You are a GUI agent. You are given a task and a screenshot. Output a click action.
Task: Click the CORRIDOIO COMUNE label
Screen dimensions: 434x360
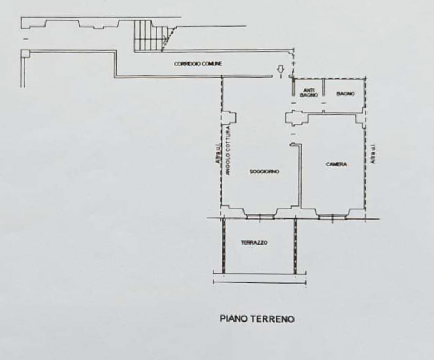click(x=198, y=63)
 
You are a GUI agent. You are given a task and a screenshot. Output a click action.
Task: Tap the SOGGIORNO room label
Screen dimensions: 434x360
click(x=264, y=171)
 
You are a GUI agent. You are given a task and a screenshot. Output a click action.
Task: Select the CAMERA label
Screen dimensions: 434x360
click(x=336, y=164)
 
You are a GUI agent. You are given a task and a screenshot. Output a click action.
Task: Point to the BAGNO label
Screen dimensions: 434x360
click(x=346, y=94)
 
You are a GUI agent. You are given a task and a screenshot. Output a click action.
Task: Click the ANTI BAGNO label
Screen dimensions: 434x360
click(x=309, y=93)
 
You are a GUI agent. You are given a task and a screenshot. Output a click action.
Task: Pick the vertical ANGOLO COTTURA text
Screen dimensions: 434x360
click(x=228, y=150)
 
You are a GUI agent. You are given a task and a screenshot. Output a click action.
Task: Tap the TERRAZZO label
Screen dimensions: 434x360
click(x=254, y=243)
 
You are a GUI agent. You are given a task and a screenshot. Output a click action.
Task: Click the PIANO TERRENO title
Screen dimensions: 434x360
click(x=257, y=319)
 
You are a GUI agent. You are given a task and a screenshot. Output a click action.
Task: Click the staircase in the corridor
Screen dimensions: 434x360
click(x=152, y=36)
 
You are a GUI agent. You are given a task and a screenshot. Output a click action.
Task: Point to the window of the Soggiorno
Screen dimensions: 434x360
click(x=260, y=216)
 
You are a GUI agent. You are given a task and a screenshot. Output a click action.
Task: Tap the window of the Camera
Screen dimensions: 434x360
click(x=332, y=216)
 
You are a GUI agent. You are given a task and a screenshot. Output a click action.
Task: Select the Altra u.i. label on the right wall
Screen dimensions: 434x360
click(x=373, y=153)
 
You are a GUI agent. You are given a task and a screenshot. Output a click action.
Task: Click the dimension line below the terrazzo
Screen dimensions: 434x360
click(x=260, y=283)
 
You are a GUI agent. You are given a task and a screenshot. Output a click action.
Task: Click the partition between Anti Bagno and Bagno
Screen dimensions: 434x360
click(x=323, y=88)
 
